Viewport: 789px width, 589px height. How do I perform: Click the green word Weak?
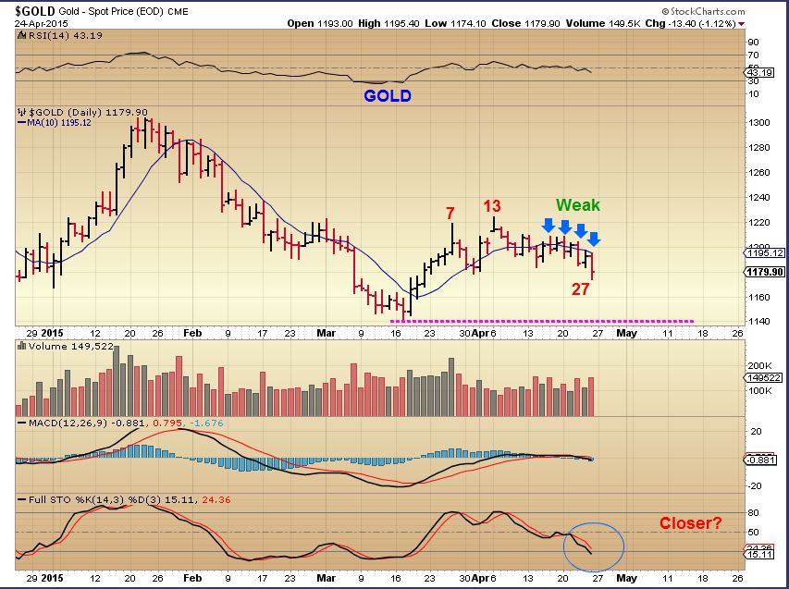click(578, 205)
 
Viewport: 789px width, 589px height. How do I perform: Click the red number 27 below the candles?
click(580, 288)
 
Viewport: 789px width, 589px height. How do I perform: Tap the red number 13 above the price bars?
click(492, 205)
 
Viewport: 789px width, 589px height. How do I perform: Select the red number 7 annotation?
click(450, 213)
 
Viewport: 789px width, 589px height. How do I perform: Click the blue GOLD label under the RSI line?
click(388, 95)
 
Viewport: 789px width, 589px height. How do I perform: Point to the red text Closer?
click(691, 523)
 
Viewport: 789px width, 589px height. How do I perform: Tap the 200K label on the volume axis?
click(761, 365)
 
